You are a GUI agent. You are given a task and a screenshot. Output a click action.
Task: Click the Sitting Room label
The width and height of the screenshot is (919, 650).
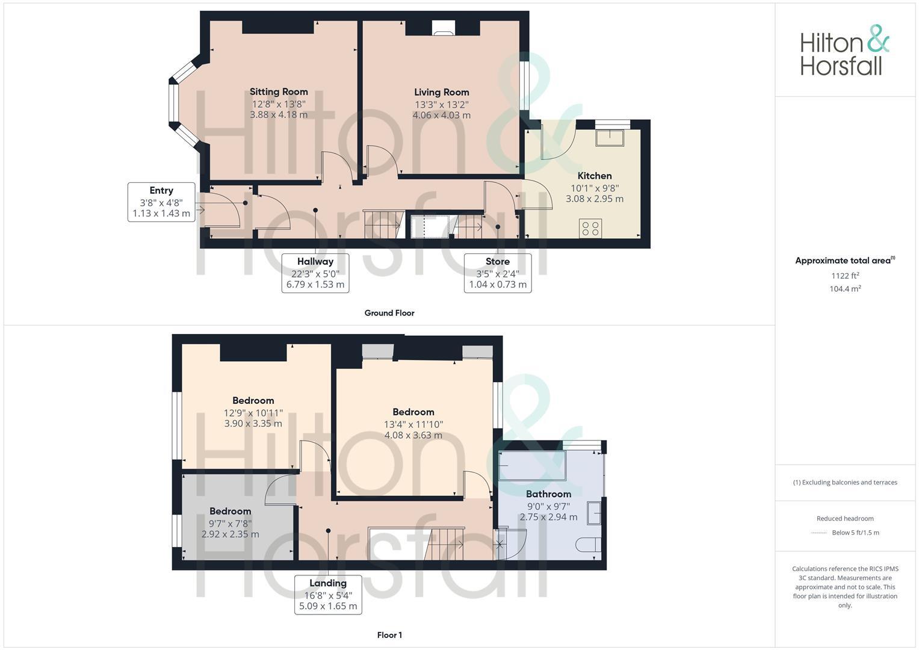[279, 92]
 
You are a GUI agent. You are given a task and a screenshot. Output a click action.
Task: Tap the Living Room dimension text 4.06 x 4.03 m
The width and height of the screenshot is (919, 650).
[441, 115]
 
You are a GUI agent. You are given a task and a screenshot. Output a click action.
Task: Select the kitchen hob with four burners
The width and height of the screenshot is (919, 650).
[590, 228]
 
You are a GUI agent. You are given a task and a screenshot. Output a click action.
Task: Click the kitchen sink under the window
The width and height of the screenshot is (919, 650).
[610, 138]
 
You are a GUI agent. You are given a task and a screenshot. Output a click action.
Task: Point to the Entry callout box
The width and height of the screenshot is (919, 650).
[161, 202]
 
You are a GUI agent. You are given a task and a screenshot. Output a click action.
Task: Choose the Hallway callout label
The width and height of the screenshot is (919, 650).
[315, 262]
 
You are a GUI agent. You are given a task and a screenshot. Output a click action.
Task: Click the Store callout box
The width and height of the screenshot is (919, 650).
[497, 273]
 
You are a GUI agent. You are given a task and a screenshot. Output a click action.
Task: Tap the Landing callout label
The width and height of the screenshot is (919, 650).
[327, 583]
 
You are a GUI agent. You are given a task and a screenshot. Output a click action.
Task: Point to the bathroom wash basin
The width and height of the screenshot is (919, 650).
[594, 513]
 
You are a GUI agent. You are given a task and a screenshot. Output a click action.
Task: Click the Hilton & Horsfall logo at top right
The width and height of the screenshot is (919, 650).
[844, 51]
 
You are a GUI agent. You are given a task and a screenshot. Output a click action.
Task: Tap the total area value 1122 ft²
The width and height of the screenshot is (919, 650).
[845, 276]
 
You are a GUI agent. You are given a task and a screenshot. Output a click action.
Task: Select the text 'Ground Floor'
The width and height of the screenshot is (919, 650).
[389, 313]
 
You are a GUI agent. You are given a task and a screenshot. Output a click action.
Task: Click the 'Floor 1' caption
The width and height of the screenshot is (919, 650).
[389, 635]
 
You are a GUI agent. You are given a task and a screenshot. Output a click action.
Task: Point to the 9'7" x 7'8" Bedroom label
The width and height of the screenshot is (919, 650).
[230, 512]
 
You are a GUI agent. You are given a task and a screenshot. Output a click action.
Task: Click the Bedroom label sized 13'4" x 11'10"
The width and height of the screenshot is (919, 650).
[413, 412]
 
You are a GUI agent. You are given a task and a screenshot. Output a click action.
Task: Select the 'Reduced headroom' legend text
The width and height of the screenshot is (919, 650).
[844, 518]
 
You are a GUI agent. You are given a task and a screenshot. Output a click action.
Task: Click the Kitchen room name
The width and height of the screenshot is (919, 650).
[594, 176]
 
